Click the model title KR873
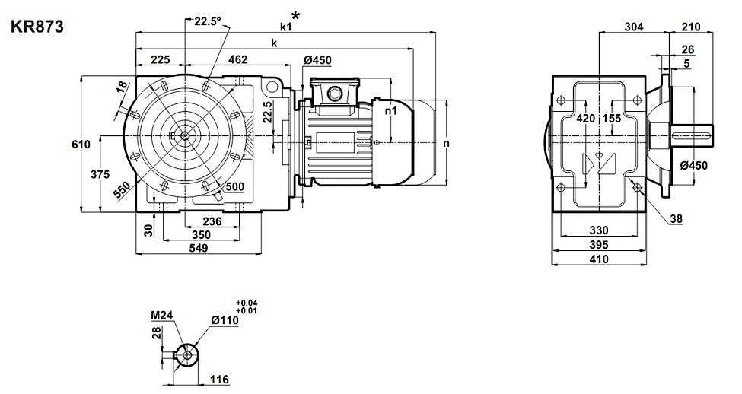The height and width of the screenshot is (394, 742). coord(37,27)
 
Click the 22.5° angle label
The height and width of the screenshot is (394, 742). coord(207,22)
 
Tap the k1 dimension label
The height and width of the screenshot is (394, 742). coord(285,27)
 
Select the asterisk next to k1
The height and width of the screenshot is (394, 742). coord(295,15)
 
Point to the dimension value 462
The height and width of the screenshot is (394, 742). coord(238,60)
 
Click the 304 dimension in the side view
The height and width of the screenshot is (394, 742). coord(633,27)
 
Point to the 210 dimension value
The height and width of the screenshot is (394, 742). coord(690,27)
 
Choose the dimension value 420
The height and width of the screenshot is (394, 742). coord(585,119)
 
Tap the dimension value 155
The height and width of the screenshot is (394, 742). coord(611,119)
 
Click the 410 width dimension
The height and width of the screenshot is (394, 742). coord(599,259)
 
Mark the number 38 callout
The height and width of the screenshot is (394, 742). coord(677,219)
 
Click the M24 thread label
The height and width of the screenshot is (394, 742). coord(162,316)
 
